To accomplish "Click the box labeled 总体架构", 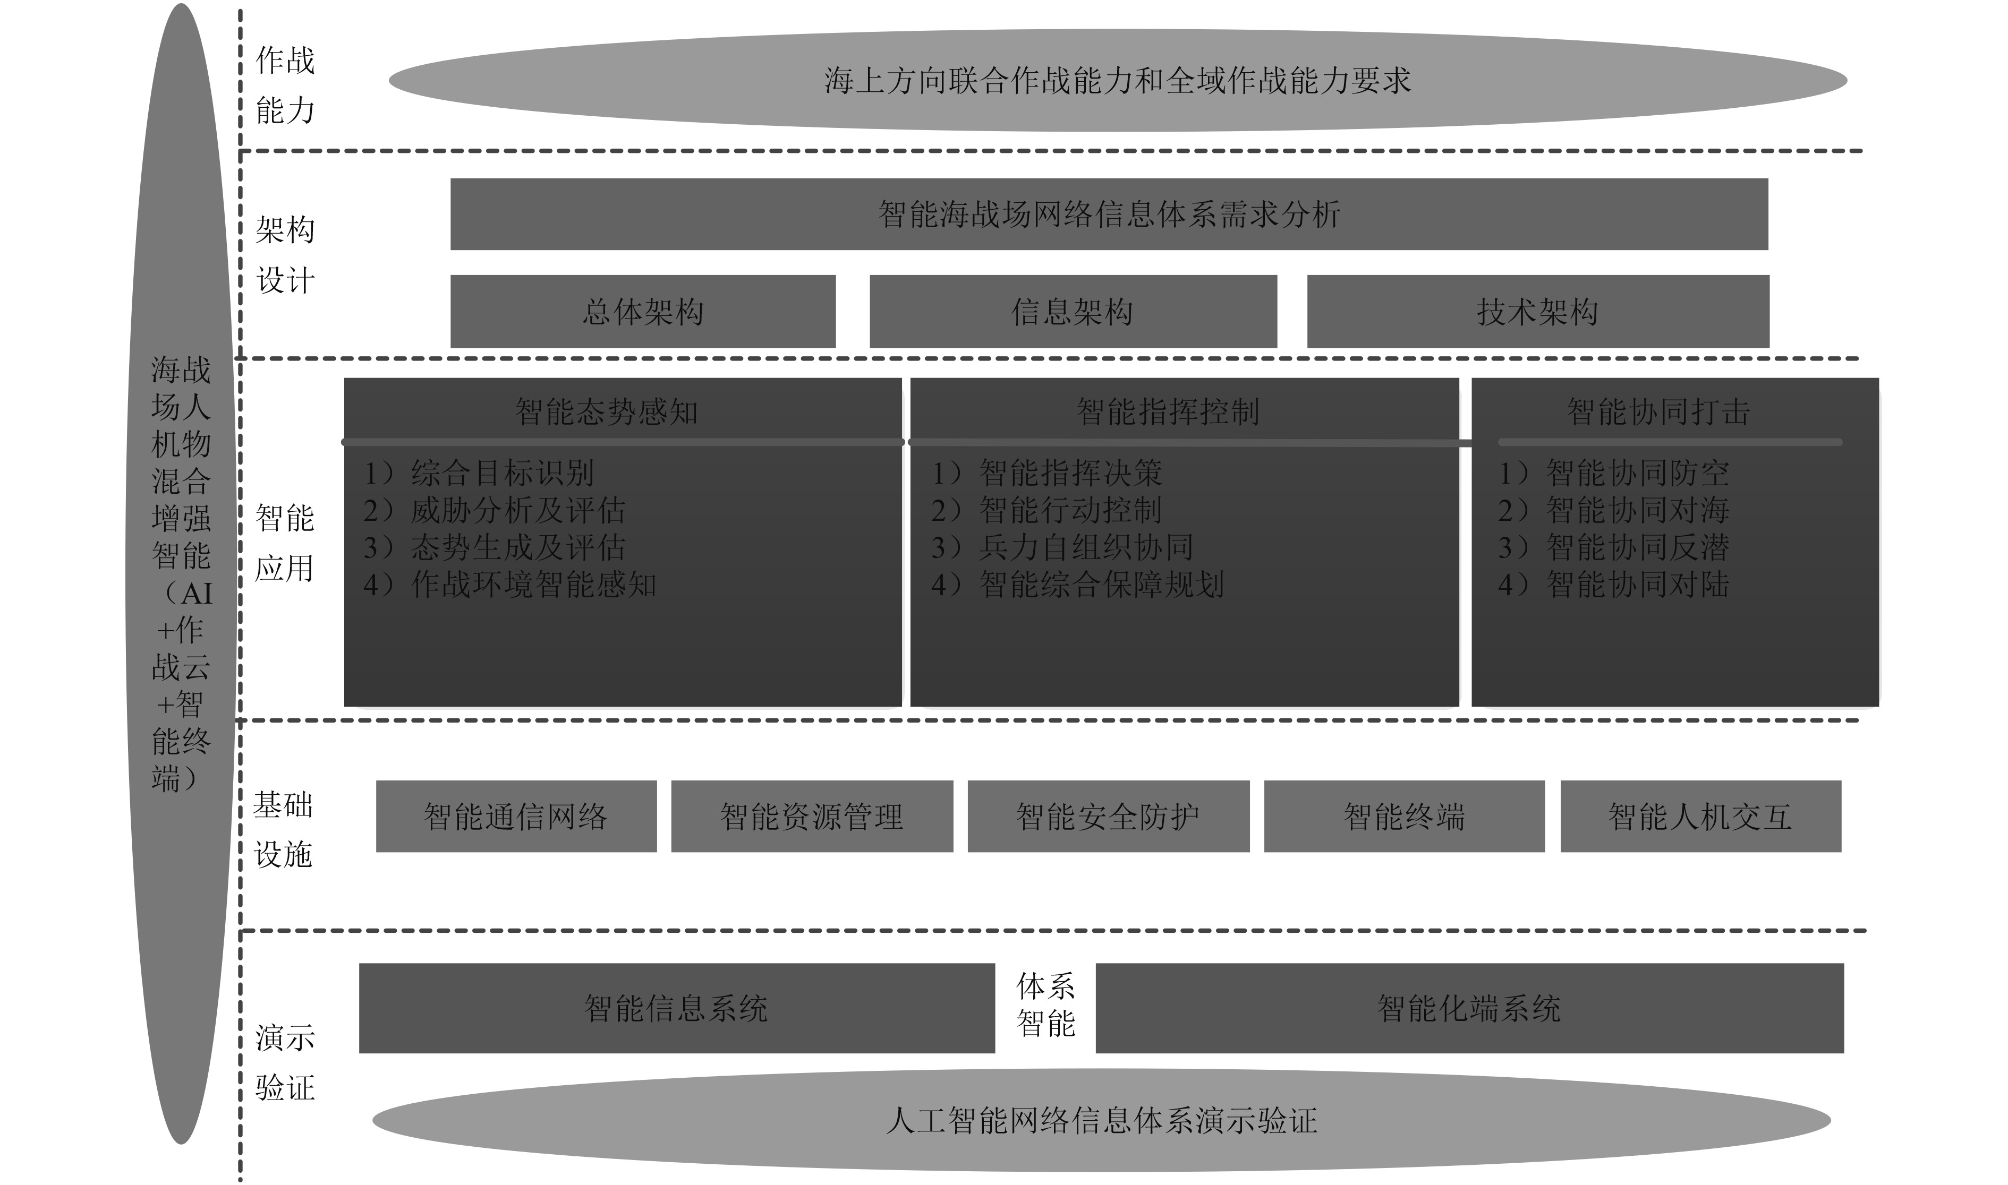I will coord(643,312).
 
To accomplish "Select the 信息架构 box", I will coord(1073,312).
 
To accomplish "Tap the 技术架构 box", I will coord(1537,312).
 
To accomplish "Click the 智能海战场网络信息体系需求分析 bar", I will coord(1109,214).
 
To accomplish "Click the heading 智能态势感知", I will coord(607,412).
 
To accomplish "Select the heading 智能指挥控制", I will coord(1168,412).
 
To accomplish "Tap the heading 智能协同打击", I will coord(1659,412).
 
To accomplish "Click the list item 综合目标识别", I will coord(501,473).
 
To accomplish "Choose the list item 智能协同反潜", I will coord(1637,547).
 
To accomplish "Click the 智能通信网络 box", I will coord(516,816).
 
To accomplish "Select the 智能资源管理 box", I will coord(812,816).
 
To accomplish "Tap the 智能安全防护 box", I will coord(1108,816).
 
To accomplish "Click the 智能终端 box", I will coord(1404,816).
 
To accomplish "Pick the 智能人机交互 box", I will coord(1700,816).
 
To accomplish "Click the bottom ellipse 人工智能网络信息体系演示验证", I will coord(1101,1120).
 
